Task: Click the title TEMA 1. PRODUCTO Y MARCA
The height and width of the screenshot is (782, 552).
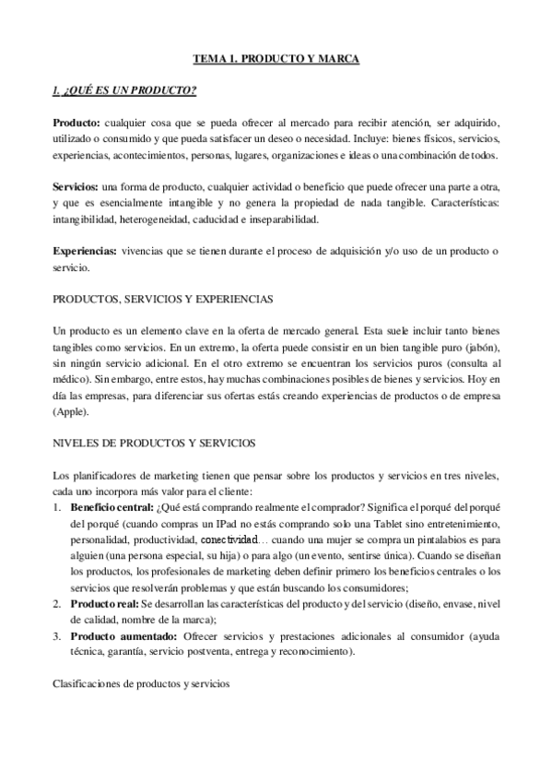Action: click(x=276, y=59)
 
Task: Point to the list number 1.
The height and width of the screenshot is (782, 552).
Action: click(x=57, y=508)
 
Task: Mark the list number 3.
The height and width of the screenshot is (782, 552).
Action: click(x=57, y=637)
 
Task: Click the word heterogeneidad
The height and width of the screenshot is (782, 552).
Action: click(x=148, y=219)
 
